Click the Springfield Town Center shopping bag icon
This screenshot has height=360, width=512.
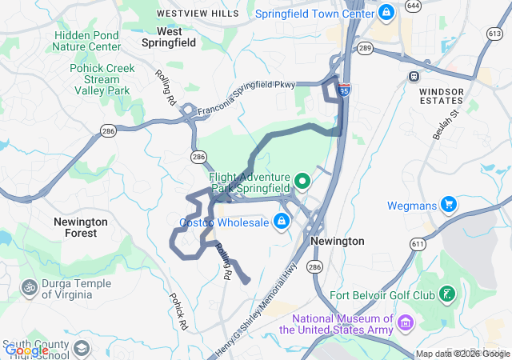[386, 13]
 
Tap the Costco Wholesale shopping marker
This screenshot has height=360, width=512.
[282, 222]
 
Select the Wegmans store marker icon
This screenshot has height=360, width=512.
[448, 205]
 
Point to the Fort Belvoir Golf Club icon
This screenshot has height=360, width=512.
[448, 295]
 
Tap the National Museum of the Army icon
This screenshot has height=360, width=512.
[406, 323]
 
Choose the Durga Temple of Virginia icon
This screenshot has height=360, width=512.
[30, 286]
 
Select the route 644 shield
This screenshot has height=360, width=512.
[413, 6]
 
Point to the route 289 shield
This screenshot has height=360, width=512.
[365, 48]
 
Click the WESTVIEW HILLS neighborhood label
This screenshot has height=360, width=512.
[198, 14]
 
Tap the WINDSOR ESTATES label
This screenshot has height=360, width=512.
[441, 96]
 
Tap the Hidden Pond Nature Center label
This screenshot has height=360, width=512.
[87, 41]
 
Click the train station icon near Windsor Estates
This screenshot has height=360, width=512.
[414, 78]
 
